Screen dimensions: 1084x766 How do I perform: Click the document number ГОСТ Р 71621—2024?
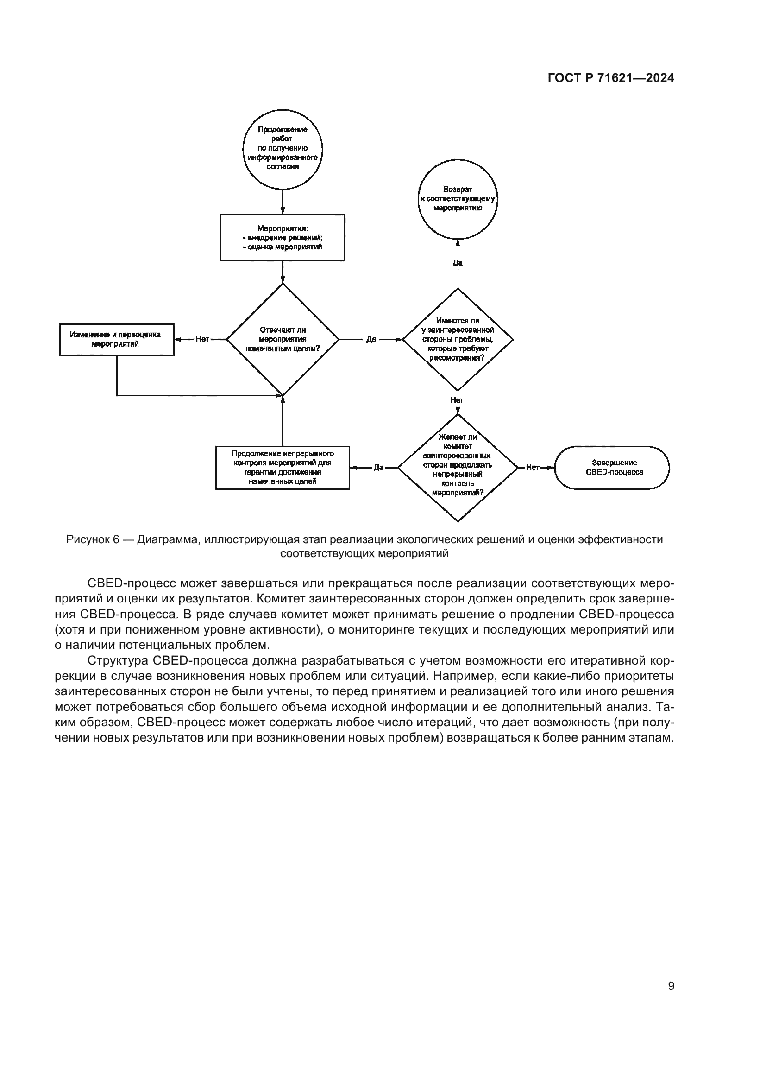[x=611, y=78]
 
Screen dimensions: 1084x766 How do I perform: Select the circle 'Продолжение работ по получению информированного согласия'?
[x=283, y=149]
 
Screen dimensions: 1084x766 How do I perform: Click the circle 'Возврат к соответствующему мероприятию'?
[x=458, y=199]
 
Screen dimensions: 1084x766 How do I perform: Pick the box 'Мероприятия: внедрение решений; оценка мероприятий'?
[x=283, y=237]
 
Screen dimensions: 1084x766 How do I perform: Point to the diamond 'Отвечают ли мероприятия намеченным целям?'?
[x=283, y=339]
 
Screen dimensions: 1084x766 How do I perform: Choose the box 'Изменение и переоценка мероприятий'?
[x=117, y=339]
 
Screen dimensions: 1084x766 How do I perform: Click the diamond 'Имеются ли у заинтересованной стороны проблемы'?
[x=458, y=339]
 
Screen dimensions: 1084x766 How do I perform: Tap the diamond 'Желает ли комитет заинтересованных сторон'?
[x=458, y=468]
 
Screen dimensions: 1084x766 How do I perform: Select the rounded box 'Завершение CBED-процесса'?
[x=612, y=468]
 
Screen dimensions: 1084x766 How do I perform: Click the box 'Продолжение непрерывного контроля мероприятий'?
[x=283, y=468]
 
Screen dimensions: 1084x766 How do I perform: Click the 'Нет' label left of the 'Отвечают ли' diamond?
[x=202, y=339]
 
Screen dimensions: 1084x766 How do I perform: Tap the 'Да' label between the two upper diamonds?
[x=371, y=339]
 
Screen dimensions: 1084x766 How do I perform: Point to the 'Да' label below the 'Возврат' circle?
[x=458, y=263]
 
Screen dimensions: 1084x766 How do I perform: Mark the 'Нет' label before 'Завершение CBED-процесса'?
[x=533, y=468]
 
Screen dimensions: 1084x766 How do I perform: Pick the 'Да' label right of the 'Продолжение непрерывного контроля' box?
[x=378, y=468]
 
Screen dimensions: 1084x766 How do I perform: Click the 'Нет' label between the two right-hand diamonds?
[x=457, y=400]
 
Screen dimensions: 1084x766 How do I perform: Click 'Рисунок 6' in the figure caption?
[x=93, y=539]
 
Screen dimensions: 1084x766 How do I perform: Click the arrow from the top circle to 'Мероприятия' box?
[x=283, y=202]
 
